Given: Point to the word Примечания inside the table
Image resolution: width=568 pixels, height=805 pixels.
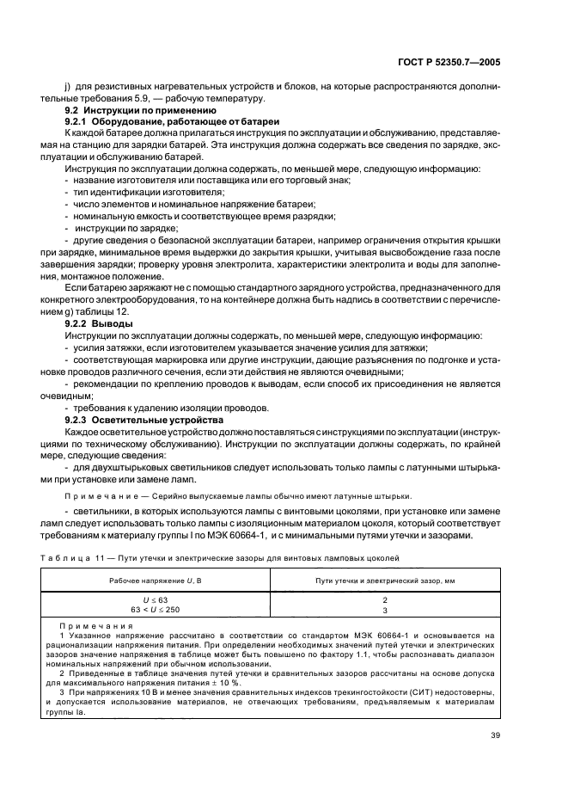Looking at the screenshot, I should point(89,626).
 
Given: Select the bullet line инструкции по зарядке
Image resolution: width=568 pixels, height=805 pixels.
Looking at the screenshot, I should point(125,228).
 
